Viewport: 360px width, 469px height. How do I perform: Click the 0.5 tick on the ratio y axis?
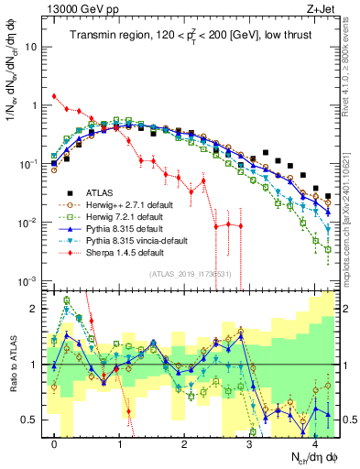coord(33,420)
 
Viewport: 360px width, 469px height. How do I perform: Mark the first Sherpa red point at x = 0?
coord(55,96)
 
